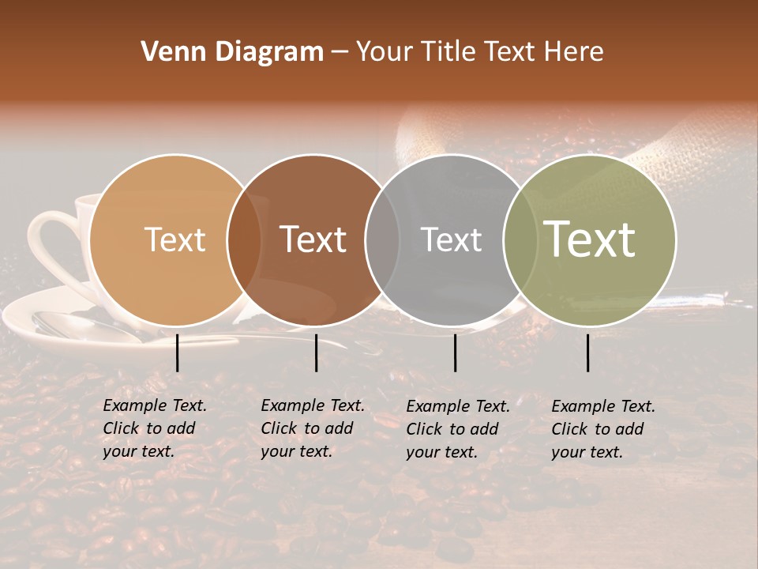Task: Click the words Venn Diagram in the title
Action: pos(232,52)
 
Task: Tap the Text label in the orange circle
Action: pos(175,239)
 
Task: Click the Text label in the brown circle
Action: pos(313,239)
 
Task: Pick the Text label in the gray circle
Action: pos(451,239)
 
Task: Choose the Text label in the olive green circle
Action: pos(590,239)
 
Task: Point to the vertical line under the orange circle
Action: pos(178,352)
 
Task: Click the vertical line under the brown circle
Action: pos(316,352)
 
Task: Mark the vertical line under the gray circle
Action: pos(456,352)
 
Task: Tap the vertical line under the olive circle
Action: pos(588,352)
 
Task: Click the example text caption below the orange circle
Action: pos(155,428)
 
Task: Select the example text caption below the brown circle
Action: pos(313,428)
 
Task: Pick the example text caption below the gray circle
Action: pos(458,429)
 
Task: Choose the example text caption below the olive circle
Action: pos(603,429)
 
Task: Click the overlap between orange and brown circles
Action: pos(244,239)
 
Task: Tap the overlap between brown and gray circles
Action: pos(382,239)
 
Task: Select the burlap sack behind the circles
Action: pos(695,158)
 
